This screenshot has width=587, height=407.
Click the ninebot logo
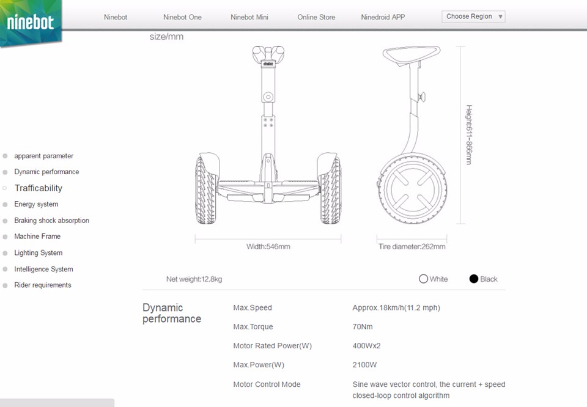(31, 23)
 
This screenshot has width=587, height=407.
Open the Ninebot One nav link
(182, 17)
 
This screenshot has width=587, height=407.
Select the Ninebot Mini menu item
(249, 17)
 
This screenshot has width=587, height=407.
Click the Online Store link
(316, 17)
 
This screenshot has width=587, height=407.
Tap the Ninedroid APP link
(383, 17)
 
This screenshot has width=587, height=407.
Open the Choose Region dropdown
(474, 16)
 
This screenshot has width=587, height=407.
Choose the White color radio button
(423, 279)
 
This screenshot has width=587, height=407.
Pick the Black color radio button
(474, 279)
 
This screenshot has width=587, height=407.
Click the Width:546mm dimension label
(268, 247)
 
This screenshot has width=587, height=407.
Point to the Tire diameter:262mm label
(412, 247)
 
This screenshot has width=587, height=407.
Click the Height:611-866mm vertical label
(469, 134)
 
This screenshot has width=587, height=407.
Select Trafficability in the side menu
(38, 188)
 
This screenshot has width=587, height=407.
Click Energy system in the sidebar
(36, 204)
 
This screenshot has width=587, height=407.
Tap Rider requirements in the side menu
(42, 285)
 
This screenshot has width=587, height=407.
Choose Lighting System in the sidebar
(38, 253)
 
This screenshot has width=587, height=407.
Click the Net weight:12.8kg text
(194, 279)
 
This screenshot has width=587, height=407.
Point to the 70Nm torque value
(363, 327)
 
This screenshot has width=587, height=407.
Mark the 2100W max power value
(364, 365)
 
